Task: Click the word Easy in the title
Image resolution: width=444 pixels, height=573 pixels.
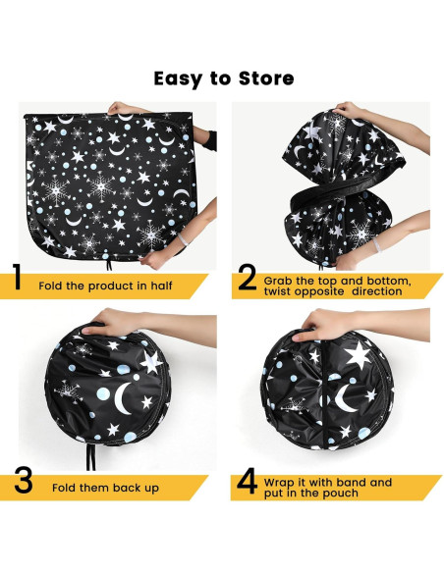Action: (x=179, y=79)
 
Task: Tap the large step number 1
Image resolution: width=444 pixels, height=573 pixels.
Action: (x=17, y=277)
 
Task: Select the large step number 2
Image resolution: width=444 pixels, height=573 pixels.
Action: (x=248, y=278)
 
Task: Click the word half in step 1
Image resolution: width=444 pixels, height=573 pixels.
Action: (x=161, y=286)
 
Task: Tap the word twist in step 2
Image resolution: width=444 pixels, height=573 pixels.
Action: (x=278, y=291)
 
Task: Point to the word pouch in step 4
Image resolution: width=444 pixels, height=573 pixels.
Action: (x=341, y=494)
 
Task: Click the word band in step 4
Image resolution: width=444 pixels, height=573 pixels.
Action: (x=351, y=482)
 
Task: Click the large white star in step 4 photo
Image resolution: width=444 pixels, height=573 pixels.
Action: (x=358, y=354)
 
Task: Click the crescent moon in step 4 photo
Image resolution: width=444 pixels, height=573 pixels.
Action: (x=344, y=398)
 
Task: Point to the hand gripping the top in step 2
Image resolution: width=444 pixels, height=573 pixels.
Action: (x=350, y=110)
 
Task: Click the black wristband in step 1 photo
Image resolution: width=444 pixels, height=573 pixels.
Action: (x=210, y=141)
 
